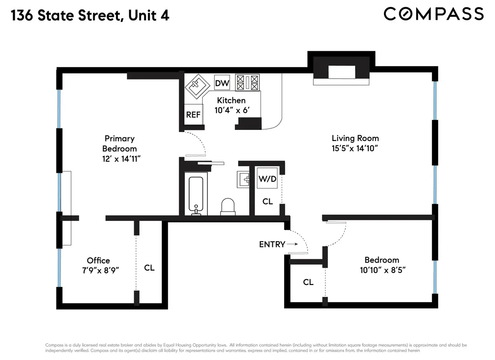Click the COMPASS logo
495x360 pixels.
(433, 14)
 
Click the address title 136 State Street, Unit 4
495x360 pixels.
(90, 16)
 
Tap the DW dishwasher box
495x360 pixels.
(222, 83)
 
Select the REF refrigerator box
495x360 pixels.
(193, 115)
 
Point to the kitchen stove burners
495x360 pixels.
(247, 82)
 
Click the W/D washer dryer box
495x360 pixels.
(267, 179)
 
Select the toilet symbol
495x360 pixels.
(228, 206)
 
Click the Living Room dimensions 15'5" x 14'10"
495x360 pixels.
(355, 148)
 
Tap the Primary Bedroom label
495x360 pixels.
(119, 143)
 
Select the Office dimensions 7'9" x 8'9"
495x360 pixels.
(99, 269)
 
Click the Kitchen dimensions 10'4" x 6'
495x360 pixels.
(232, 110)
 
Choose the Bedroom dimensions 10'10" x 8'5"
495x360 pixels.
(381, 271)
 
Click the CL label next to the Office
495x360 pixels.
(149, 268)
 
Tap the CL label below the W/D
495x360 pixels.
(268, 201)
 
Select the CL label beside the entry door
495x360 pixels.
(308, 282)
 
